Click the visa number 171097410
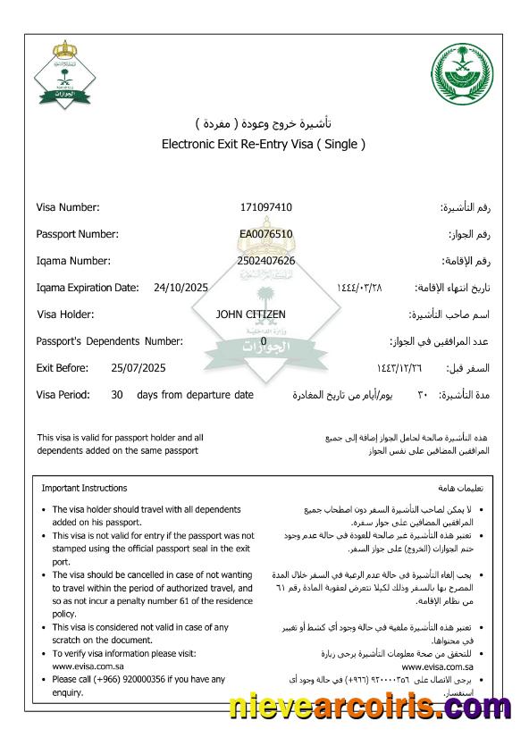265,207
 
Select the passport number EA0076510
265,234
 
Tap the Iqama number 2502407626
265,261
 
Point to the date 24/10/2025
181,288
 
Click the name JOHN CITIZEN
251,314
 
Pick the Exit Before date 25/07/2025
139,368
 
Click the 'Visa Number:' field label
68,207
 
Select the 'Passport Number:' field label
77,234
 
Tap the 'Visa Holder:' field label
65,314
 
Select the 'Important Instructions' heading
84,489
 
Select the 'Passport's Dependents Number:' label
109,341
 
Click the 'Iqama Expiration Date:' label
88,288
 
